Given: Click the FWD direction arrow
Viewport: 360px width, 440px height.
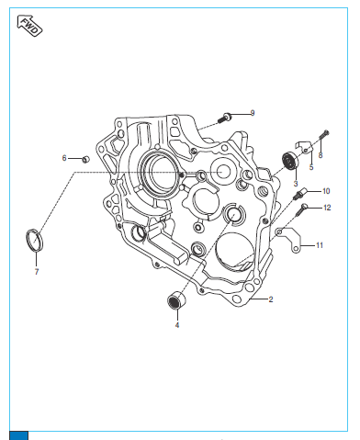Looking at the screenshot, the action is [x=29, y=26].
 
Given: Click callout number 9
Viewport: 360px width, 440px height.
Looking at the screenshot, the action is [x=253, y=113].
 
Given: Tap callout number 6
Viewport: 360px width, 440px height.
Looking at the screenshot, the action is [x=64, y=158].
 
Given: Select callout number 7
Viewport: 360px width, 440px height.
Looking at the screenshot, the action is [x=37, y=272].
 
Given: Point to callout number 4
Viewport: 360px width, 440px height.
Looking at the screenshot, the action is [x=177, y=325].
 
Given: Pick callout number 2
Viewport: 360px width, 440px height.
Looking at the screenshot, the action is [x=271, y=299].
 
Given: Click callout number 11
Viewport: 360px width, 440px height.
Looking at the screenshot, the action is [x=320, y=245].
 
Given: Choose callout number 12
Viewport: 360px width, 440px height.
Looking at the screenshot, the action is [x=327, y=208].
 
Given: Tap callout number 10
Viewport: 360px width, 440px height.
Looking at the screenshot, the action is [x=326, y=191].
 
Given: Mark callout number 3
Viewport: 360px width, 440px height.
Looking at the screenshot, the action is [x=296, y=184].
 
